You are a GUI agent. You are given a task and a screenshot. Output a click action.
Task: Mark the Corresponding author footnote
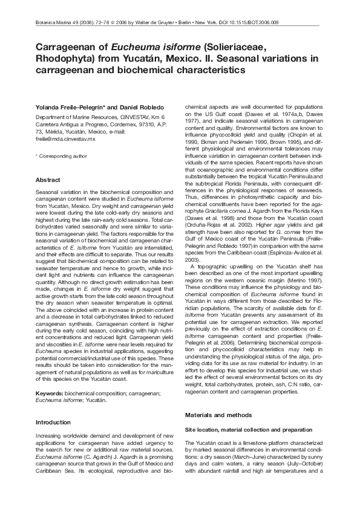(x=63, y=156)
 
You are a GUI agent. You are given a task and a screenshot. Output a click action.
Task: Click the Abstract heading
(x=48, y=180)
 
